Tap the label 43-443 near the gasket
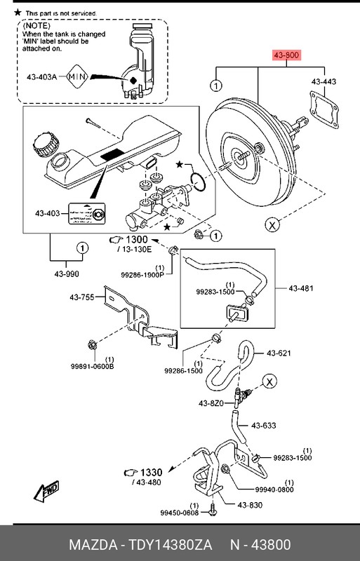324,82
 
